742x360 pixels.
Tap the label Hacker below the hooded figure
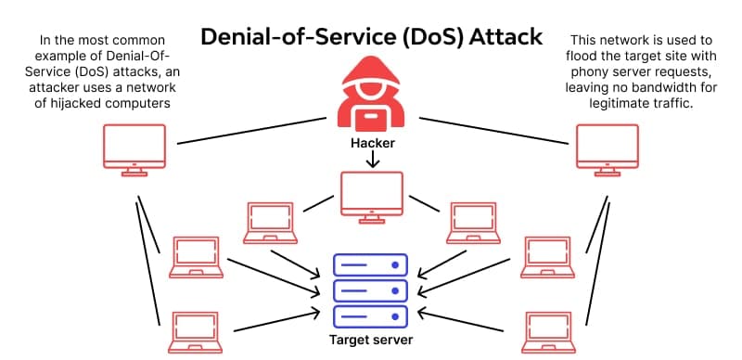pos(371,144)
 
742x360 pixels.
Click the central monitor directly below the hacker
pos(371,198)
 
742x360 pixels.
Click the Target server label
pos(371,340)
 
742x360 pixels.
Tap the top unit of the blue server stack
pos(371,266)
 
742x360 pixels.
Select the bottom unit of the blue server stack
pos(371,315)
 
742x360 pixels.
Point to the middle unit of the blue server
pos(371,290)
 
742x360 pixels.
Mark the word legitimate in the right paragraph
pos(614,104)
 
